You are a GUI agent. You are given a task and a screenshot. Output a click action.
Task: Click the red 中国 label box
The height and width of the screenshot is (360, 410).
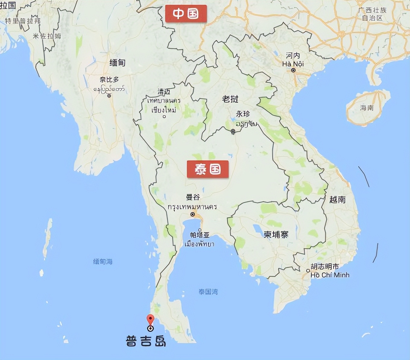click(186, 14)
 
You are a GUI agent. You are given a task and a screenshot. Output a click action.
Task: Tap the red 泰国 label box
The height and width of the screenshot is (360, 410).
click(208, 169)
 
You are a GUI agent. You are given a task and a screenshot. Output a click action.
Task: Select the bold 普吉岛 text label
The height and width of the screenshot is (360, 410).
click(146, 341)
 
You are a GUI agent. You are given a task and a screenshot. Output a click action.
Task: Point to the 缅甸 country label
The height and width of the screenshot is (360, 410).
click(117, 63)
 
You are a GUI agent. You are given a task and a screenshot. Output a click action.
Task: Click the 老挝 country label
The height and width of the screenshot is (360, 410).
click(230, 99)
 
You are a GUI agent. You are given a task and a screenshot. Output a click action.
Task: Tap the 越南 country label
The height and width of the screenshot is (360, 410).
click(337, 199)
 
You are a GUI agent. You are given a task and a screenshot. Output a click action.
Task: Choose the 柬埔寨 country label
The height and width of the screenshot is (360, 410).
click(276, 234)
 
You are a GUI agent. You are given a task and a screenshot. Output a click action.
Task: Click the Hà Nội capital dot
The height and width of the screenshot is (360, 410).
click(293, 70)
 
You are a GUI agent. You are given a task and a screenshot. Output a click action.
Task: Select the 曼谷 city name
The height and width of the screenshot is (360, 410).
click(193, 197)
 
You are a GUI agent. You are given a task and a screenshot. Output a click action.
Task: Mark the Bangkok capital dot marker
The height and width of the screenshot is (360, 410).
click(193, 214)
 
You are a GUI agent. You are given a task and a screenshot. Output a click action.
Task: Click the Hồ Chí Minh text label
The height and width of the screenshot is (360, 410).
click(330, 275)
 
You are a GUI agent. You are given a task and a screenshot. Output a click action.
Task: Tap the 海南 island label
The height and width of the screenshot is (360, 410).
click(367, 108)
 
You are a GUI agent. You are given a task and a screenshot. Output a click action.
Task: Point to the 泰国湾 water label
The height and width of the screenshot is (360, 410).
click(208, 292)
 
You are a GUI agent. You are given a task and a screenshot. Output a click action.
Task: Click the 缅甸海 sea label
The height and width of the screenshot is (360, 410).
click(103, 261)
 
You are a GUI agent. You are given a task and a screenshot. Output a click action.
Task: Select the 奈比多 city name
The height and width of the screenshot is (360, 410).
click(109, 80)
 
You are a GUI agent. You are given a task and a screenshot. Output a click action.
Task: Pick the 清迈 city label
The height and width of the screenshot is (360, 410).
click(164, 92)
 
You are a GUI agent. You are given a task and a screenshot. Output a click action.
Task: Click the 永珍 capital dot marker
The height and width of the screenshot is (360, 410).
click(233, 131)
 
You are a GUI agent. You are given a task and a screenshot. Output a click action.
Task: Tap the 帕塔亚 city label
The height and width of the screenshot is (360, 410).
click(200, 235)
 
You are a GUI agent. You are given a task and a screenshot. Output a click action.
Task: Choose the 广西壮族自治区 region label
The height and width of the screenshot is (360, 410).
click(372, 14)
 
